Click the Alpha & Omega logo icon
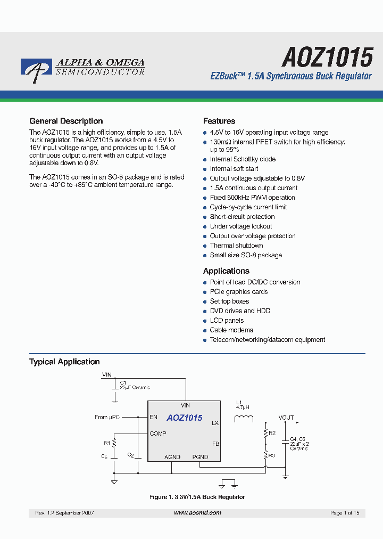(x=36, y=70)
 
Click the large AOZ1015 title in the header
(x=327, y=56)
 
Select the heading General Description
(x=66, y=121)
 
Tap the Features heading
(x=219, y=121)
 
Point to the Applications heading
(x=226, y=271)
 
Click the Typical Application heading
(x=64, y=362)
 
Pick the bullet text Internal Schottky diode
(x=243, y=159)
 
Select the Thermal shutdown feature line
(x=236, y=246)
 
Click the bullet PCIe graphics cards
(x=239, y=292)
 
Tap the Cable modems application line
(x=231, y=330)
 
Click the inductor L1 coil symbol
(x=244, y=418)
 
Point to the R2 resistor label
(x=272, y=433)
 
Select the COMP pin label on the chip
(x=158, y=434)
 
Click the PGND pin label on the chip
(x=200, y=457)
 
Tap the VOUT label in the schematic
(x=286, y=418)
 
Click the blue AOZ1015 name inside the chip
(x=185, y=418)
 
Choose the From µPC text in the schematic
(x=108, y=417)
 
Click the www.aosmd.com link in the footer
(x=197, y=513)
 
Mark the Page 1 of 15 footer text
(x=345, y=513)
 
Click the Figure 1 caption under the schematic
(x=197, y=497)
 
